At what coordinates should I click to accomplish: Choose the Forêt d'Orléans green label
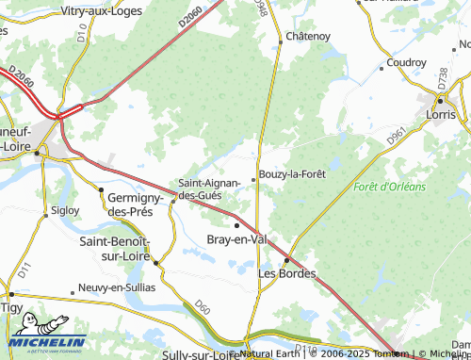(x=389, y=187)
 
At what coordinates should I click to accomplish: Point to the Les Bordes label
(x=285, y=273)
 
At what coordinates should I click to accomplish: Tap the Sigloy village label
(x=66, y=210)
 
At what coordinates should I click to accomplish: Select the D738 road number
(x=443, y=77)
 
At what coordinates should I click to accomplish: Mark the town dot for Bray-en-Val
(x=236, y=225)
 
